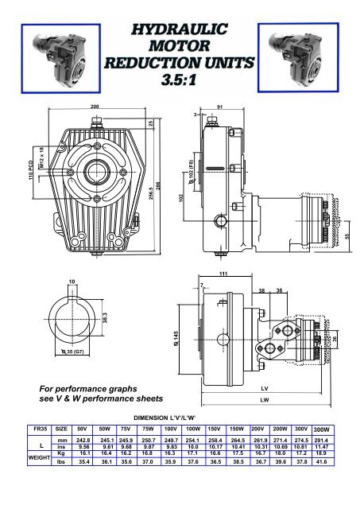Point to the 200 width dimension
(95, 106)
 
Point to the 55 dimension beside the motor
(347, 236)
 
